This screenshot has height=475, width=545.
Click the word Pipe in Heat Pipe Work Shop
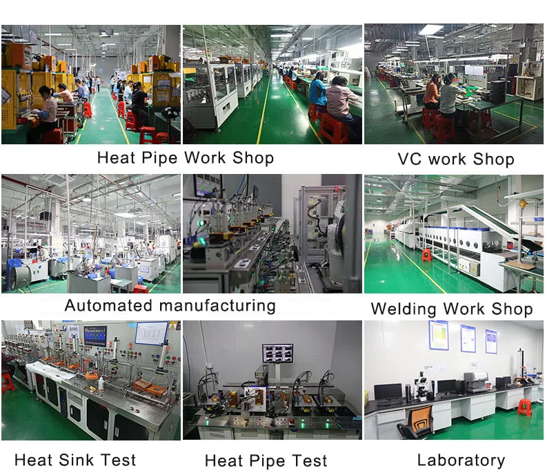point(160,157)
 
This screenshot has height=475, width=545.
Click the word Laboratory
point(461,461)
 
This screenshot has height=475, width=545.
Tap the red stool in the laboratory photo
point(524,407)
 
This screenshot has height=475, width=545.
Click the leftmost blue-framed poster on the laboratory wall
point(437,336)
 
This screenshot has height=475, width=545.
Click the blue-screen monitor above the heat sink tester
point(95,336)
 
